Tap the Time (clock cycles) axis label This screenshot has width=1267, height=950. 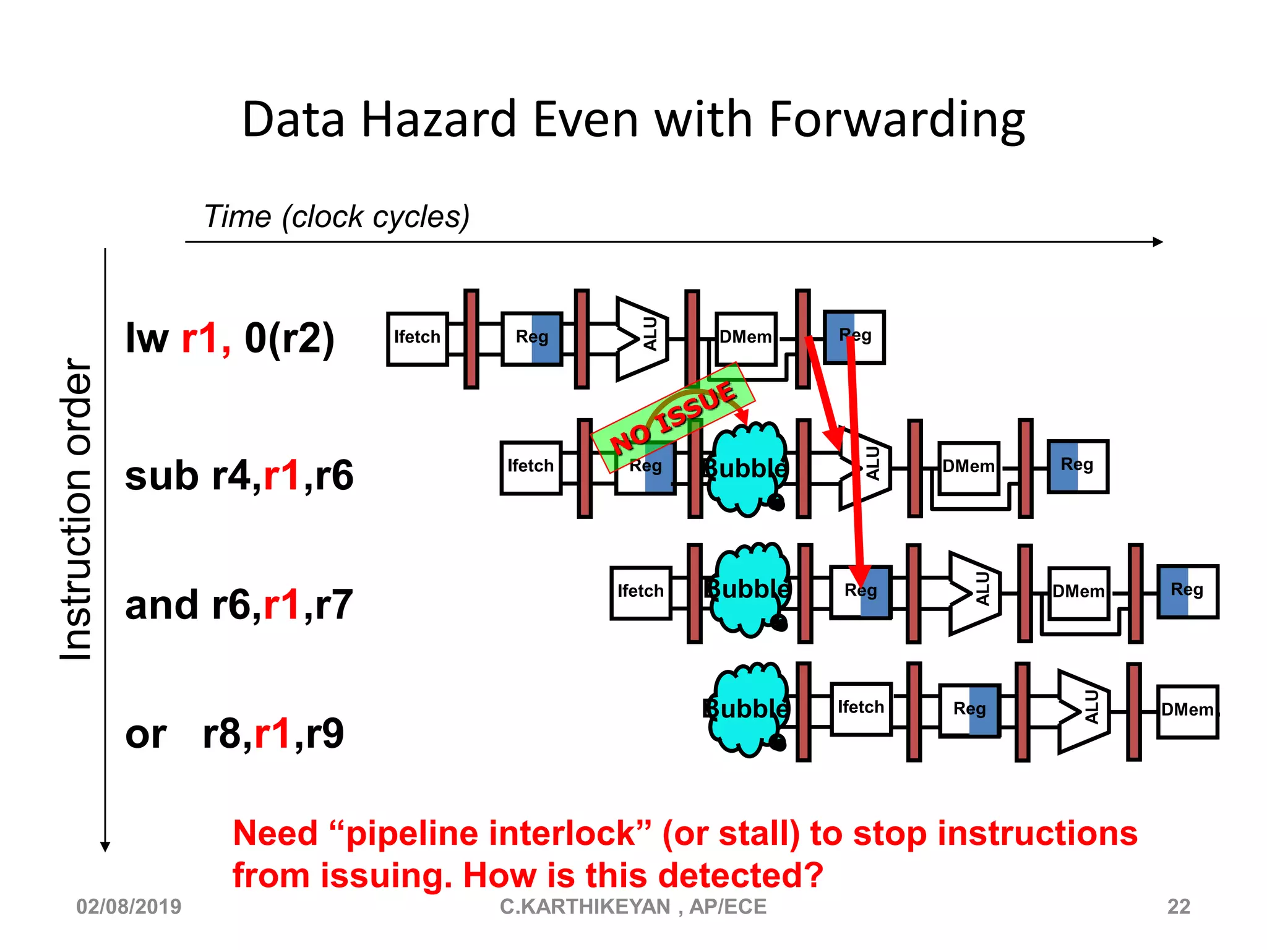coord(337,216)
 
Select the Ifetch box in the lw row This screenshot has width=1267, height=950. coord(418,338)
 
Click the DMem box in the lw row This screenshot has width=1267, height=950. coord(745,338)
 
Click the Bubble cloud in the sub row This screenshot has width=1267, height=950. coord(747,469)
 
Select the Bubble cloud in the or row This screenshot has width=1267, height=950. coord(747,709)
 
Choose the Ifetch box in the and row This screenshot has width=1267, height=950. coord(640,592)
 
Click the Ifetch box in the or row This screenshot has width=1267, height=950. coord(861,708)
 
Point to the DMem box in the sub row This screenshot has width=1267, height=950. coord(968,467)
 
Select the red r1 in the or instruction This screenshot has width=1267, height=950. coord(272,734)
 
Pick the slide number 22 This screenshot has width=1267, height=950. coord(1179,907)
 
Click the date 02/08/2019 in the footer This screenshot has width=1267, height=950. coord(129,907)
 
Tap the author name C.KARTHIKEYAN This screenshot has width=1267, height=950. coord(585,907)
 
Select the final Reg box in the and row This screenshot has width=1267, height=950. coord(1187,591)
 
